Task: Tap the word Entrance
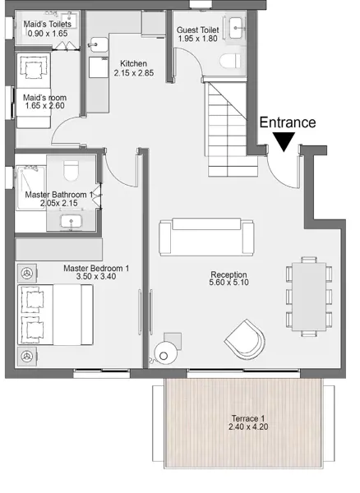[x=288, y=122]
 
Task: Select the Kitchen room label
[x=134, y=63]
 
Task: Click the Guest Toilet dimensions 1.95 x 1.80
[x=198, y=39]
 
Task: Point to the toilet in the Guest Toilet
[x=230, y=61]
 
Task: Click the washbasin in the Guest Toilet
[x=236, y=28]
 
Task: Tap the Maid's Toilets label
[x=48, y=24]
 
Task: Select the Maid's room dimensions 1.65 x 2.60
[x=44, y=106]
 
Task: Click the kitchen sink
[x=98, y=45]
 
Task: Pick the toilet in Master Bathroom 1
[x=71, y=171]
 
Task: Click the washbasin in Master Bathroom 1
[x=71, y=221]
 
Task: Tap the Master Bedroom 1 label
[x=96, y=268]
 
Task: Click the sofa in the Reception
[x=206, y=237]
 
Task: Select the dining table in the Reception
[x=309, y=297]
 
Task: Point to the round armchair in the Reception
[x=245, y=339]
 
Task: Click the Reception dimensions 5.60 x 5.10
[x=228, y=283]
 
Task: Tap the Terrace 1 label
[x=248, y=418]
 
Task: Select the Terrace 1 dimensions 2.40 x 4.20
[x=248, y=426]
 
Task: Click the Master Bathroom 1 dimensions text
[x=59, y=203]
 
